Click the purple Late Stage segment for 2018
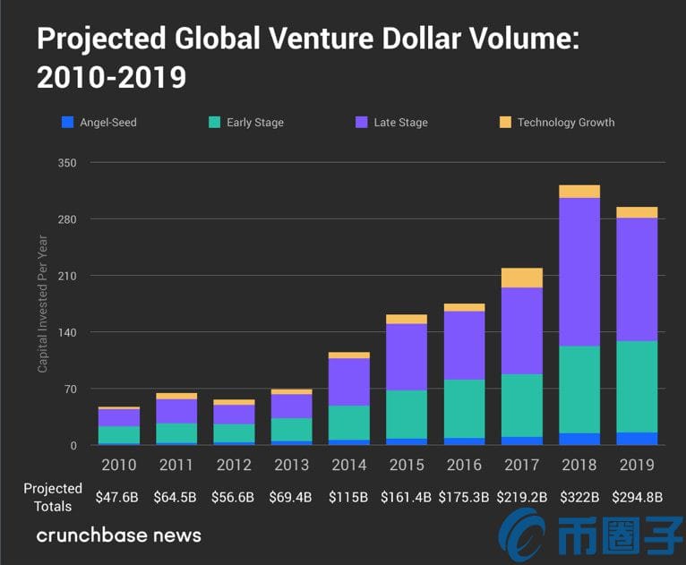pos(579,271)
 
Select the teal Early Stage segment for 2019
pos(637,386)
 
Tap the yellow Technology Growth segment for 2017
pos(521,278)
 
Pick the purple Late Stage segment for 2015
pos(406,356)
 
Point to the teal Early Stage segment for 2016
pos(464,408)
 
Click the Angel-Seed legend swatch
pos(66,122)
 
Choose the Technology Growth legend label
pos(566,122)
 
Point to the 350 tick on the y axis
pos(68,163)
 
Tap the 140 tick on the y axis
pos(68,332)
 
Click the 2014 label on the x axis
pos(348,465)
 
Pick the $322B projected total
pos(579,495)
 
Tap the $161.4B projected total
pos(407,495)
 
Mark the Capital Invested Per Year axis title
pos(42,304)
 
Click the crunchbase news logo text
pos(118,535)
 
